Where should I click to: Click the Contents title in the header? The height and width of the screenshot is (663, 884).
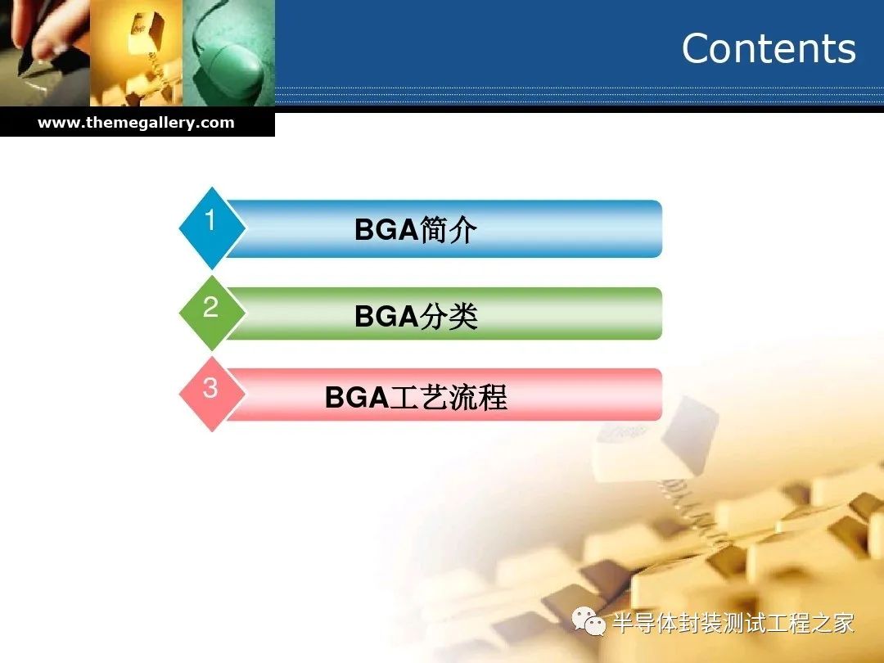tap(769, 48)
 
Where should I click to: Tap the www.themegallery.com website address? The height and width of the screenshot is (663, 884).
tap(136, 122)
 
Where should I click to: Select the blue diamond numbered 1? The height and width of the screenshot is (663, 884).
tap(212, 228)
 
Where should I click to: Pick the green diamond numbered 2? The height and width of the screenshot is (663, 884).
tap(212, 313)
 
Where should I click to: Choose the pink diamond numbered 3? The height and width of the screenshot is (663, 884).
tap(212, 394)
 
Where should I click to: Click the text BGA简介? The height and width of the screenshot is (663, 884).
tap(416, 229)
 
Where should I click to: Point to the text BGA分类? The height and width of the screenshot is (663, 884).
tap(416, 316)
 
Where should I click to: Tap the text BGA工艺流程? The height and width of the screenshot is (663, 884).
tap(416, 397)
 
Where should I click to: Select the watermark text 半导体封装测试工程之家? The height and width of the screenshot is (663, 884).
tap(733, 624)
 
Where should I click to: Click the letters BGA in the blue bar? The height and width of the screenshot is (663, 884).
tap(386, 230)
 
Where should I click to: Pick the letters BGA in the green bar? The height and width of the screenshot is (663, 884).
tap(386, 316)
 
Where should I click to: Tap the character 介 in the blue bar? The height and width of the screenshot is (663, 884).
tap(462, 229)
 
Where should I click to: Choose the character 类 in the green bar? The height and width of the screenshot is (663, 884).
tap(463, 316)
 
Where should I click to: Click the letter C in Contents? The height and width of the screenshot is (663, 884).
tap(697, 48)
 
